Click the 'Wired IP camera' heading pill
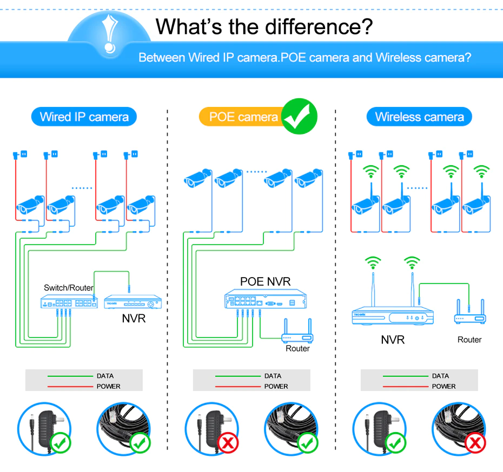click(84, 117)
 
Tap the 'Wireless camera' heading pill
click(419, 117)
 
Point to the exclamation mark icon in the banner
click(110, 32)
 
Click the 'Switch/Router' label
click(69, 288)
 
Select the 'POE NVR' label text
click(265, 281)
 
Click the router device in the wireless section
click(469, 317)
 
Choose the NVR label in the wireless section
click(393, 340)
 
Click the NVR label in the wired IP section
click(134, 319)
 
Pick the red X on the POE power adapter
click(228, 443)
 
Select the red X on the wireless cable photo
click(475, 443)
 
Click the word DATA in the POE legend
click(273, 376)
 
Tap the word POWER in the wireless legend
click(444, 386)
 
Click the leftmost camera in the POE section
click(196, 178)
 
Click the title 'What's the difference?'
click(264, 26)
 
